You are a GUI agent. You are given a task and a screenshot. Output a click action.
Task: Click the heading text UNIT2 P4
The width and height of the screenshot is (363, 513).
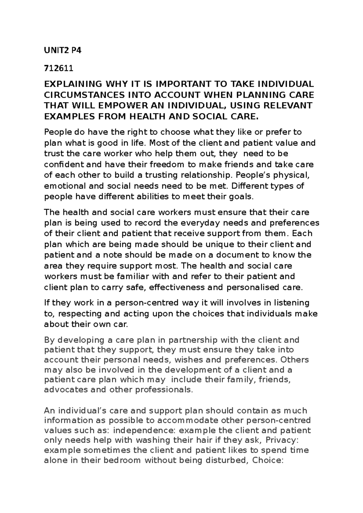(63, 50)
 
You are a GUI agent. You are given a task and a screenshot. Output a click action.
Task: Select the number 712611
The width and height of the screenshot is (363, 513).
(58, 68)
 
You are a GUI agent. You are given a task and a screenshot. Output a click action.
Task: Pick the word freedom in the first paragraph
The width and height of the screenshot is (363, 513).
(165, 165)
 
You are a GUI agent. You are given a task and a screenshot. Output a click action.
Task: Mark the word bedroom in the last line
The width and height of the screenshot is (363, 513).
(123, 460)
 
